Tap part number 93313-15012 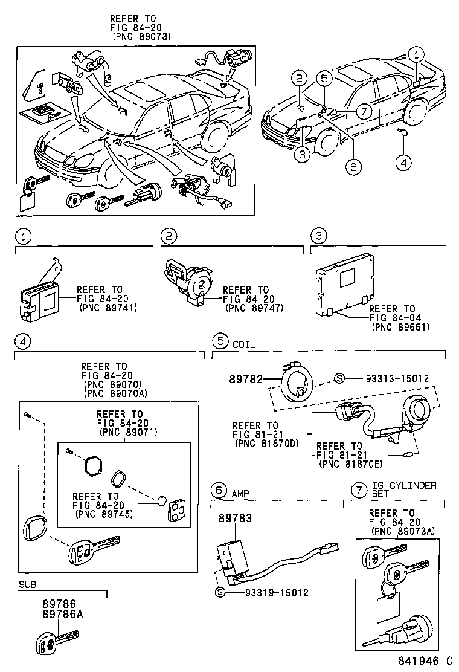coord(397,378)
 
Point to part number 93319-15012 coord(277,593)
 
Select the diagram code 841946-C coord(425,661)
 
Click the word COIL coord(243,344)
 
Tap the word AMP coord(240,493)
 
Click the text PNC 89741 coord(109,308)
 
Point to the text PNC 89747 coord(254,308)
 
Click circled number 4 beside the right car coord(403,161)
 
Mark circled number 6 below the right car coord(353,165)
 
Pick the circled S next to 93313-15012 coord(339,378)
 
